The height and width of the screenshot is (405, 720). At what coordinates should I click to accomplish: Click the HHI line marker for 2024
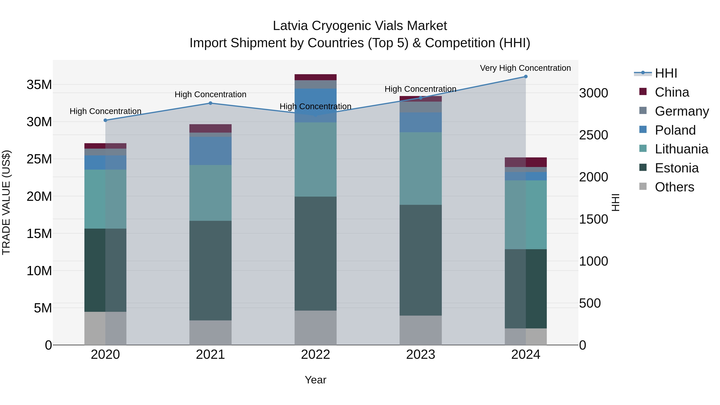tap(525, 77)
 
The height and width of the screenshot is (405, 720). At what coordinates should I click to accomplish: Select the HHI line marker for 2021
tap(210, 103)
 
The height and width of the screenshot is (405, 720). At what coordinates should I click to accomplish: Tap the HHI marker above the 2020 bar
tap(105, 120)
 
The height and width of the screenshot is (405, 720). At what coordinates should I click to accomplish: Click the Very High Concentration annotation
tap(525, 68)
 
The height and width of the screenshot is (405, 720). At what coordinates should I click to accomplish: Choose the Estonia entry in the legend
tap(676, 168)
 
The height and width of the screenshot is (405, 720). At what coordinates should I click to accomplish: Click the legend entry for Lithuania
tap(681, 149)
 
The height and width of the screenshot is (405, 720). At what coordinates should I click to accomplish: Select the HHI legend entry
tap(666, 73)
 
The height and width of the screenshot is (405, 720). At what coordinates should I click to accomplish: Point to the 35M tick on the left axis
tap(39, 85)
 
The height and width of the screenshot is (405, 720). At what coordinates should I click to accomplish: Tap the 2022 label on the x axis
tap(316, 355)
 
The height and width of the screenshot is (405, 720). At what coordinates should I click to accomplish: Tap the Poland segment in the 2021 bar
tap(210, 151)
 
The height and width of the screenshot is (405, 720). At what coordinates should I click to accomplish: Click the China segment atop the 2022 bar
tap(316, 77)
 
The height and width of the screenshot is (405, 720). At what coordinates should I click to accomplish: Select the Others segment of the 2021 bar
tap(210, 333)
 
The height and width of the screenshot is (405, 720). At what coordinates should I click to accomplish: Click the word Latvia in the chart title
tap(290, 26)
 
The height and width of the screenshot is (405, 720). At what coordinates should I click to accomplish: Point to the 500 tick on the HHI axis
tap(590, 303)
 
